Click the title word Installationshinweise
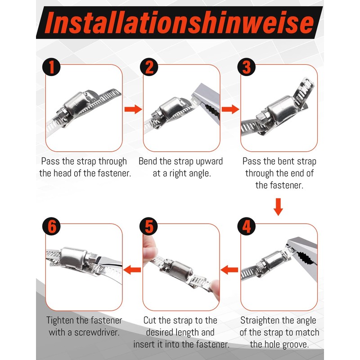179,22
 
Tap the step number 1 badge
51,67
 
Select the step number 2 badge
149,67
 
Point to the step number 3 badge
246,67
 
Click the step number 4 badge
246,226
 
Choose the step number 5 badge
148,226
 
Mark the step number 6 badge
51,226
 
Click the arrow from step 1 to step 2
133,109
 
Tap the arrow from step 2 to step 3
230,109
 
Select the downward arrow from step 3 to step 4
278,207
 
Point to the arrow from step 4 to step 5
229,270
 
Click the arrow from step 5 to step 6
132,270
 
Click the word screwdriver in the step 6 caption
96,332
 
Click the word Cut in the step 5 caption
149,320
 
